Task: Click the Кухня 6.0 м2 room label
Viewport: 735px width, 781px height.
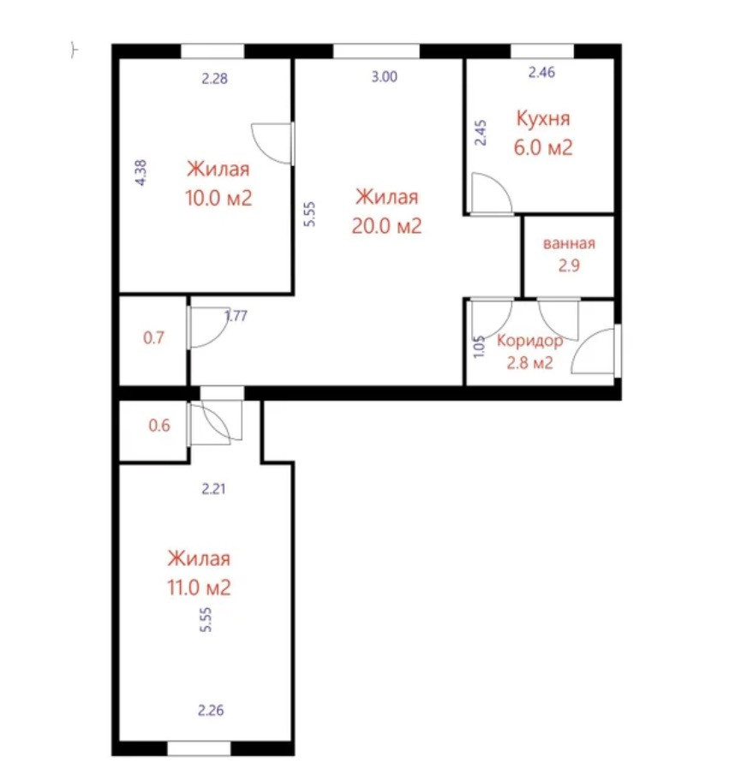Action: coord(543,133)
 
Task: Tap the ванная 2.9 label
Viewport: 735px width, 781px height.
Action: coord(569,254)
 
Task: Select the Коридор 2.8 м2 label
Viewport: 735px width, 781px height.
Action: coord(530,352)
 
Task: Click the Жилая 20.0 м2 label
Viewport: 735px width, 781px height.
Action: coord(386,212)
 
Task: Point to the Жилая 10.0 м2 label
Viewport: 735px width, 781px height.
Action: coord(218,183)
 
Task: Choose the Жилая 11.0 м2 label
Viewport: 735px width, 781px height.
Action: coord(199,573)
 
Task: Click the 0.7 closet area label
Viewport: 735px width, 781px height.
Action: coord(153,337)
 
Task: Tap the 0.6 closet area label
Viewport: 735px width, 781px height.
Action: coord(159,426)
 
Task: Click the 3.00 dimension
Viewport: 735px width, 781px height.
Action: coord(385,77)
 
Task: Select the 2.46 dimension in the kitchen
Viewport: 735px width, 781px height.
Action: coord(541,72)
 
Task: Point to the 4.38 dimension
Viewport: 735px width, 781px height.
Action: coord(141,172)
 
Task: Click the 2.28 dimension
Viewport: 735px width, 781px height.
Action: coord(215,78)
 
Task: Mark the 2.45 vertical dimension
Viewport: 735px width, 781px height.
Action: coord(481,133)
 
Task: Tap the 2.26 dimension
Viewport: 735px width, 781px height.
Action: coord(211,710)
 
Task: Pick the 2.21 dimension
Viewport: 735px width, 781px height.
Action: coord(214,489)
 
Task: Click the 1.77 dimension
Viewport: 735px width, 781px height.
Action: coord(236,316)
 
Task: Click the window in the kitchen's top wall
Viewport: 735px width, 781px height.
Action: coord(542,51)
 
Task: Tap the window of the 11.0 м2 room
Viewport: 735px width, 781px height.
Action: coord(199,748)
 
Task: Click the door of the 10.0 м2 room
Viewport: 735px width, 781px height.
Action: coord(272,144)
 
